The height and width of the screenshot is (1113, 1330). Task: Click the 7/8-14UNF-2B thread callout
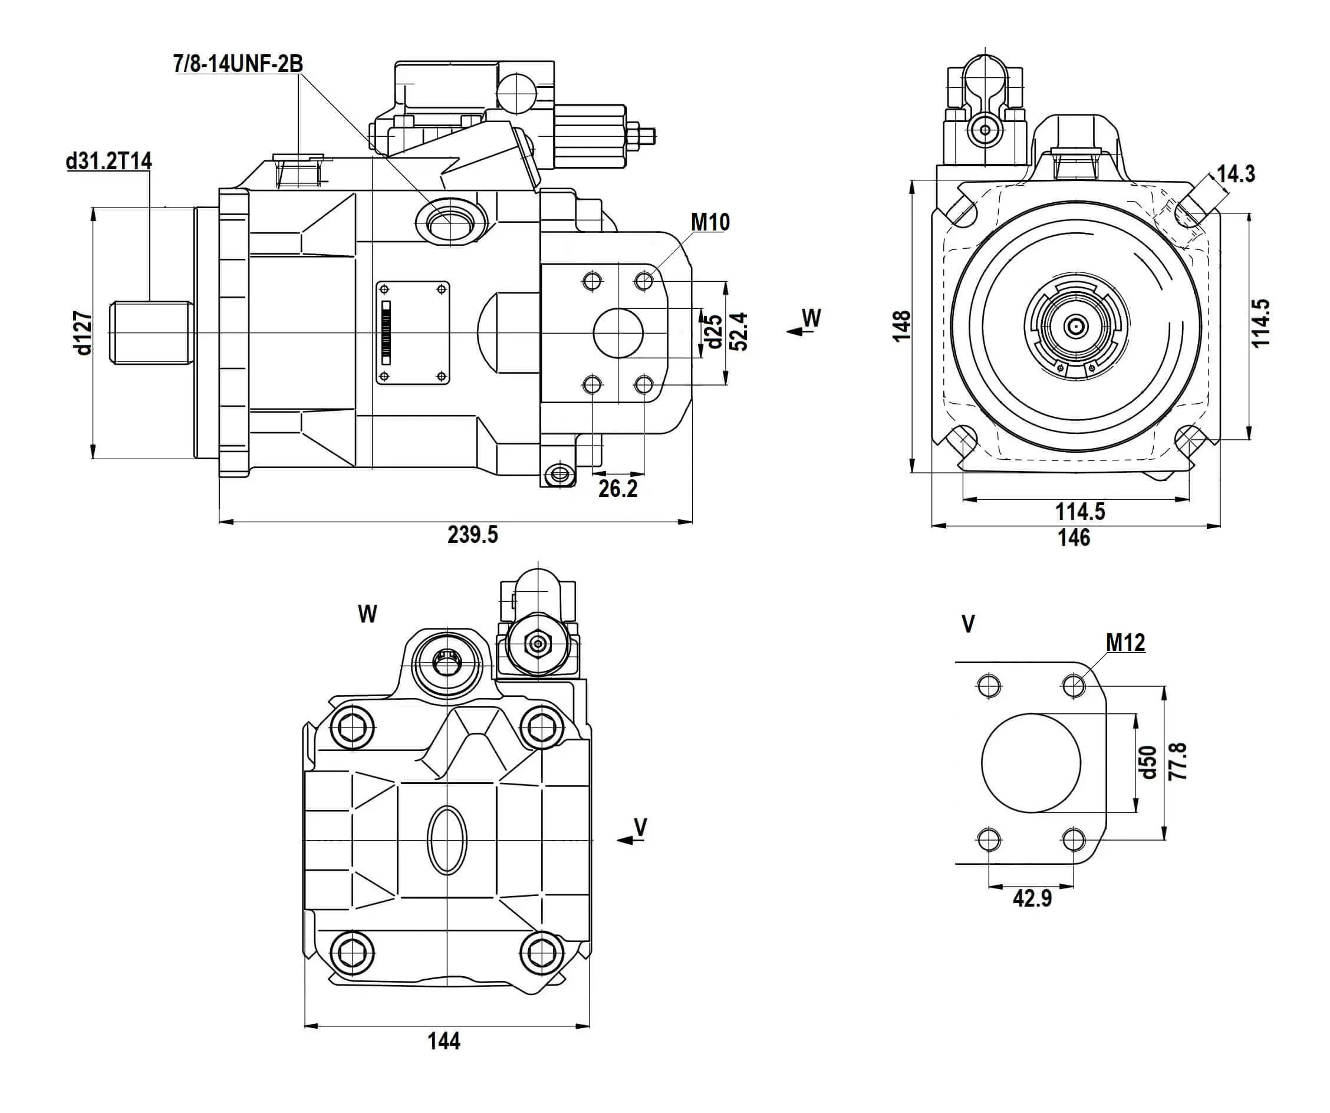[238, 64]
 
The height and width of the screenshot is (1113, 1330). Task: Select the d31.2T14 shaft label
[109, 161]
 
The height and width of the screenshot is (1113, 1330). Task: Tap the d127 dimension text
[83, 332]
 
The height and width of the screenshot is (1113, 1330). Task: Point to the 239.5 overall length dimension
[472, 535]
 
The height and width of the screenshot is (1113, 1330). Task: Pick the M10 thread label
[710, 222]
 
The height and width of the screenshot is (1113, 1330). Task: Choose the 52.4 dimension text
[739, 331]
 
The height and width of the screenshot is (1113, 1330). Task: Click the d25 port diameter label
[714, 331]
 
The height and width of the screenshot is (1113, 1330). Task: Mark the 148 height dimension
[901, 326]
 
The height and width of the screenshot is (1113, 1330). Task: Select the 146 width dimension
[1074, 538]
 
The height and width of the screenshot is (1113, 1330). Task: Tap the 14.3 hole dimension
[1236, 173]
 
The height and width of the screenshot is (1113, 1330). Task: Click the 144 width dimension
[443, 1041]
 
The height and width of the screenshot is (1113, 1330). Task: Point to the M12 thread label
[1125, 643]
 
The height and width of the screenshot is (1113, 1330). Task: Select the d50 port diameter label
[1148, 762]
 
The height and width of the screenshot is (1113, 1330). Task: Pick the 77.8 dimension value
[1177, 762]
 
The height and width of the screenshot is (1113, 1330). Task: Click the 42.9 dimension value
[1032, 898]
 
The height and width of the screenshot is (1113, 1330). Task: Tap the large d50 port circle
[1031, 763]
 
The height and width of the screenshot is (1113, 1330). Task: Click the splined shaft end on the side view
[152, 332]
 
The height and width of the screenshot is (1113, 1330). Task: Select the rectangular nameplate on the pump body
[413, 332]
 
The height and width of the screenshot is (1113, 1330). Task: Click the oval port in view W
[447, 841]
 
